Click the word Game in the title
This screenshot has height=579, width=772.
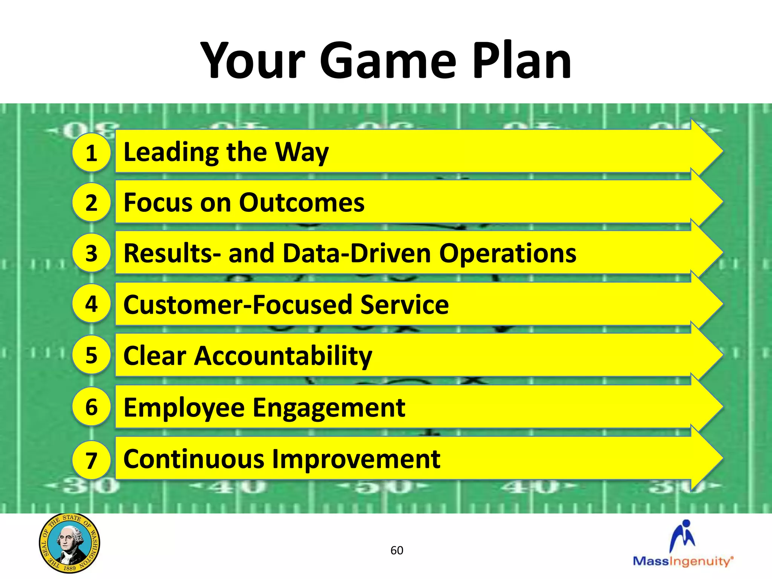click(388, 61)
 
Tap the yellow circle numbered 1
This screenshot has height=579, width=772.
click(91, 153)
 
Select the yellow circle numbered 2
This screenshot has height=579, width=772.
click(91, 202)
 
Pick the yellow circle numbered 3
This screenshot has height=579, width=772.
click(91, 253)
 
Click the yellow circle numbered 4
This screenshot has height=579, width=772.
click(91, 303)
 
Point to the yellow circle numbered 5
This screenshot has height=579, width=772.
click(91, 355)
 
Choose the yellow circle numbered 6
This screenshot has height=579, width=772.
click(91, 407)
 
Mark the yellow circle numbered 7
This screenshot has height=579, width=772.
click(91, 460)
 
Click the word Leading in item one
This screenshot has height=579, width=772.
click(172, 152)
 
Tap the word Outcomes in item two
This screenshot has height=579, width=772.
click(302, 203)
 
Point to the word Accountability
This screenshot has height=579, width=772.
click(283, 356)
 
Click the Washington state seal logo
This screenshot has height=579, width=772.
click(69, 543)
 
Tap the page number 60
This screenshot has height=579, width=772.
click(397, 550)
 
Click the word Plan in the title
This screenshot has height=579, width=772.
click(522, 61)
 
